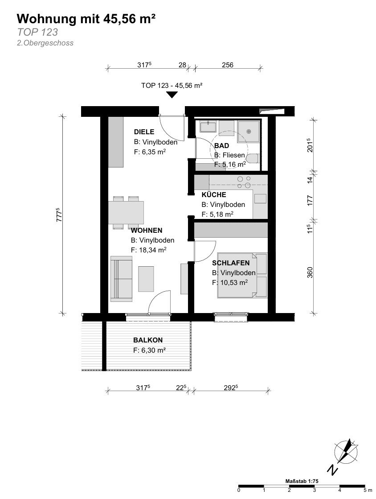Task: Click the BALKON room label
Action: pyautogui.click(x=148, y=340)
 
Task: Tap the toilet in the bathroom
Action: pyautogui.click(x=253, y=158)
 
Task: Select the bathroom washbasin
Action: pyautogui.click(x=208, y=126)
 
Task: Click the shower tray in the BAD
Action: pyautogui.click(x=249, y=131)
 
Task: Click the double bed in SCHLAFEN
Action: pyautogui.click(x=242, y=275)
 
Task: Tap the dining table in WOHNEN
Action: pyautogui.click(x=126, y=213)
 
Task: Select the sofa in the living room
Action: pyautogui.click(x=121, y=278)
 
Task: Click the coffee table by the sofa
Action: pyautogui.click(x=146, y=279)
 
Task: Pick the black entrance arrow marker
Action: pyautogui.click(x=172, y=95)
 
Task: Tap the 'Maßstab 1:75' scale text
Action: pyautogui.click(x=302, y=481)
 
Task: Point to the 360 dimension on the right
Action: pyautogui.click(x=310, y=272)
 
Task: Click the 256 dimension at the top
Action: pyautogui.click(x=228, y=65)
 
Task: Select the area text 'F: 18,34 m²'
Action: pyautogui.click(x=149, y=250)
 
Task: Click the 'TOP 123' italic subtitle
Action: pyautogui.click(x=37, y=32)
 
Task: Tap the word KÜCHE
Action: pyautogui.click(x=214, y=195)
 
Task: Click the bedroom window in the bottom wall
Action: pyautogui.click(x=231, y=318)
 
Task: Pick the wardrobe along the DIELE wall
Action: pyautogui.click(x=116, y=142)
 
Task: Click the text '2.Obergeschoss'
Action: pyautogui.click(x=45, y=43)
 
